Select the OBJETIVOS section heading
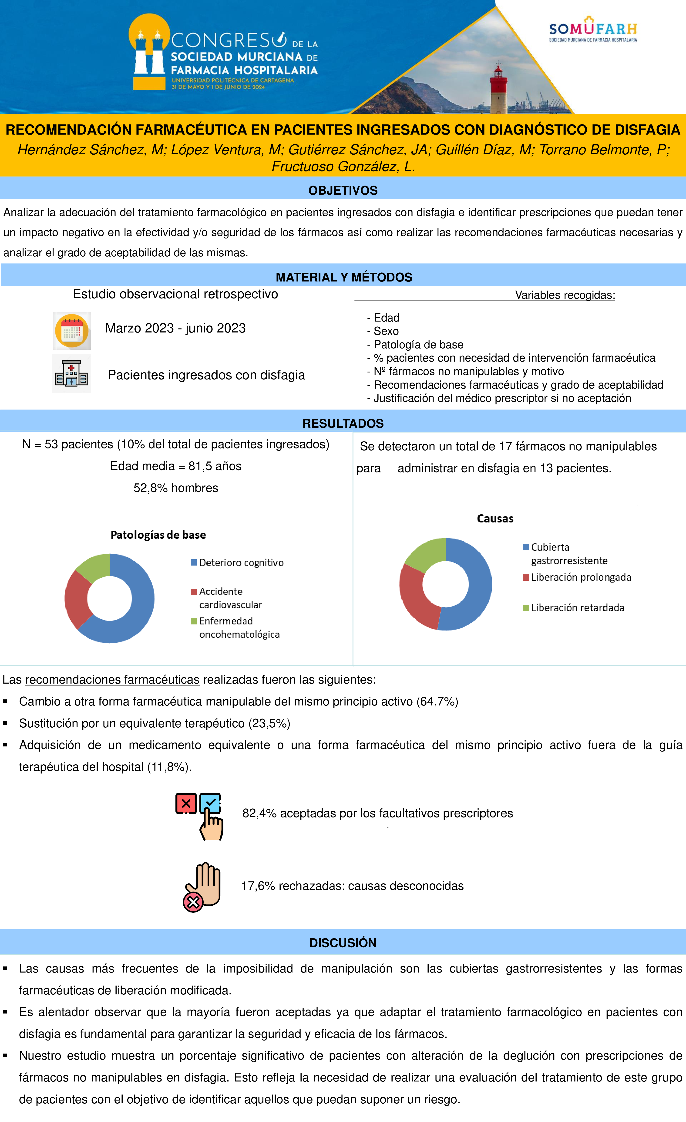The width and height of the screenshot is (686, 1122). pos(343,190)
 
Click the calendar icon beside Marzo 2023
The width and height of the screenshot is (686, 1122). pos(71,331)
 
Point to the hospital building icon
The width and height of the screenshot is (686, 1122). pos(71,373)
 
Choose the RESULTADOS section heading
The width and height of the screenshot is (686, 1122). pos(343,424)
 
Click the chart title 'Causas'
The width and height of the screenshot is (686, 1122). pos(495,519)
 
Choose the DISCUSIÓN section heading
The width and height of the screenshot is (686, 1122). pos(343,942)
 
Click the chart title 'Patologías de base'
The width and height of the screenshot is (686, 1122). pos(158,535)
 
